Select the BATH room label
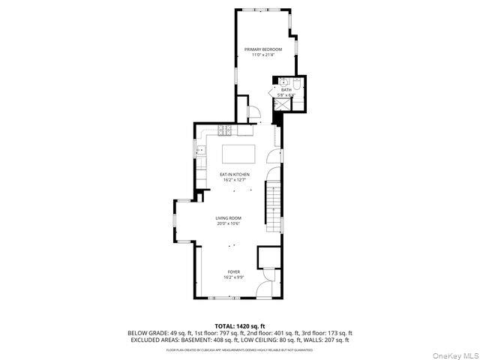tap(286, 90)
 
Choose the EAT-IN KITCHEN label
tap(235, 175)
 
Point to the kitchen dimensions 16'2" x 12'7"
tap(235, 180)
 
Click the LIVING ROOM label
tap(229, 218)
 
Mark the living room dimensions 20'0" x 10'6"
tap(229, 223)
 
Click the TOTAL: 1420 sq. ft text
tap(240, 326)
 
